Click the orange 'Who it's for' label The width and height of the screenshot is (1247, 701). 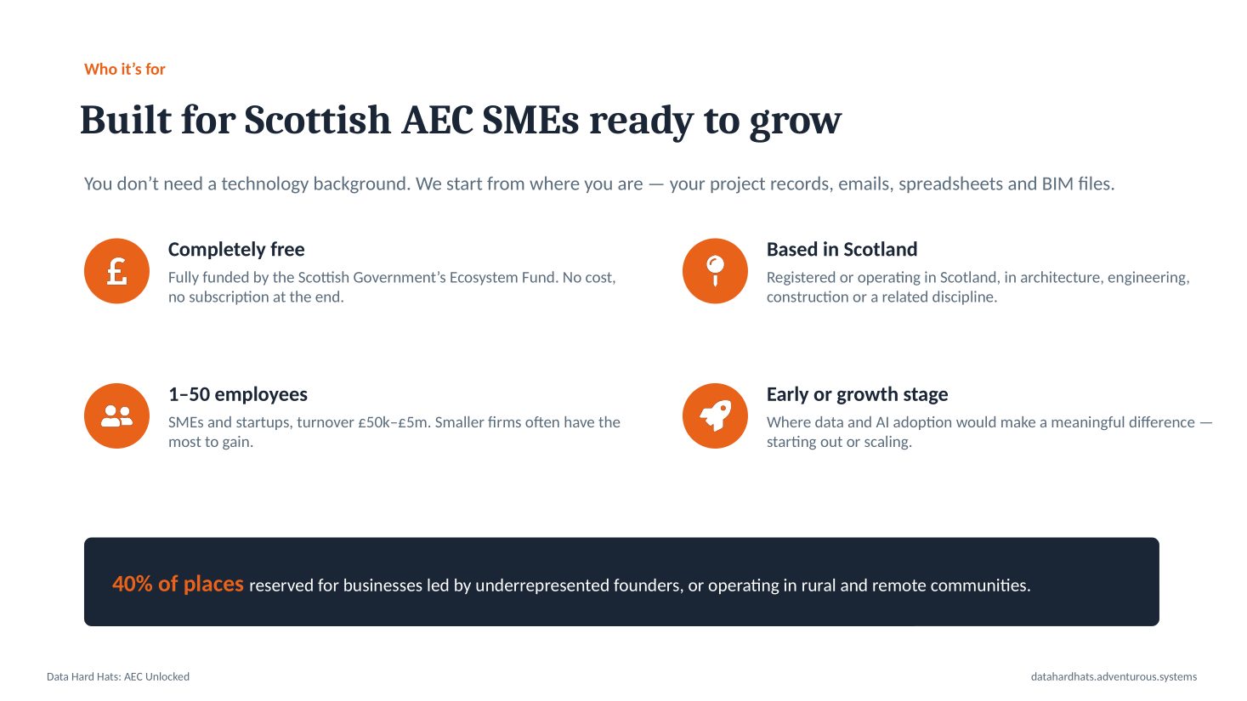point(125,69)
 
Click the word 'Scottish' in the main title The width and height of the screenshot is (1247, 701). point(317,120)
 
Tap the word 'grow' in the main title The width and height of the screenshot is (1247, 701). point(796,122)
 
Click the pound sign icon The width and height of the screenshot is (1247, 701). point(117,271)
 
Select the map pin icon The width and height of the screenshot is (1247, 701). point(716,271)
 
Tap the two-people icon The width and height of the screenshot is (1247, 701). point(117,416)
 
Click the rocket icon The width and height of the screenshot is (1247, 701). point(716,416)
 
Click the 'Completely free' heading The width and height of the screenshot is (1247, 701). point(236,249)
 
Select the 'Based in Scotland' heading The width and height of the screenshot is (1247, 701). point(842,249)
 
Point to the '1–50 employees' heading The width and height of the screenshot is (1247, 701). point(238,394)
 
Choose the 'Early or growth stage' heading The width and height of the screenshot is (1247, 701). point(858,394)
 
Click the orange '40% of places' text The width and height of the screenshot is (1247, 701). point(179,584)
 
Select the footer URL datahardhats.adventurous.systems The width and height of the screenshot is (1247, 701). point(1114,676)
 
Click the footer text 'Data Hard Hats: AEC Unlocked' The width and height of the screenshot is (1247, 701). point(118,676)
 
